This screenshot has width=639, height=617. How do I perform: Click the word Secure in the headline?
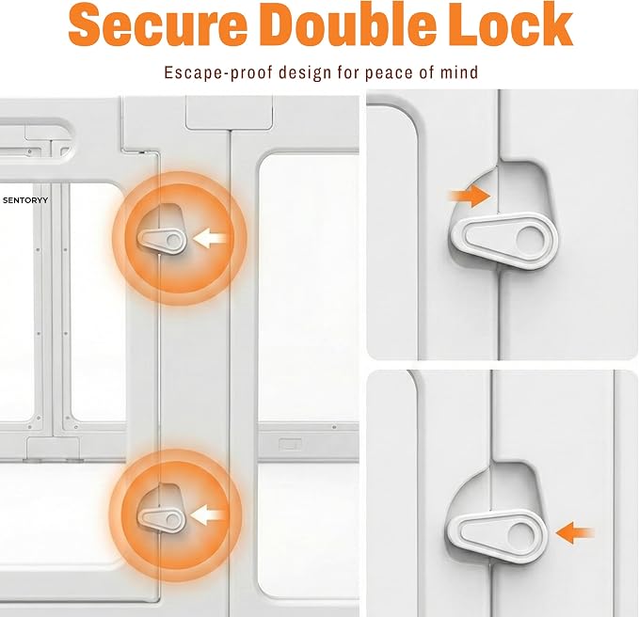158,24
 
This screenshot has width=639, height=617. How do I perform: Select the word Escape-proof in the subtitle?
219,72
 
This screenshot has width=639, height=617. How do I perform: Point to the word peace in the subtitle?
387,73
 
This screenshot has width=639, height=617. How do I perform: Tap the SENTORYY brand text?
25,200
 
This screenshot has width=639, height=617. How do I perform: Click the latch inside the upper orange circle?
163,241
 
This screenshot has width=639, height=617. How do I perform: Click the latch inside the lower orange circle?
162,520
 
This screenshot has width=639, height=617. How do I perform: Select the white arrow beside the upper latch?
210,238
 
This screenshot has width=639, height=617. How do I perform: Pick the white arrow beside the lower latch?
207,516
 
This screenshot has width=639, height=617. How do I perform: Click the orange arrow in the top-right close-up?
470,196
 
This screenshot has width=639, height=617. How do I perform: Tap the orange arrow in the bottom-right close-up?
574,532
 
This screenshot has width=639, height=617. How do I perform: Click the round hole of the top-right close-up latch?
528,239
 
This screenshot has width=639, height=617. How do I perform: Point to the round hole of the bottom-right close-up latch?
519,535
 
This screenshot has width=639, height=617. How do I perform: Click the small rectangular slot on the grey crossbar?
290,444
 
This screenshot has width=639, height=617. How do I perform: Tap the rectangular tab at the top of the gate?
229,113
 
